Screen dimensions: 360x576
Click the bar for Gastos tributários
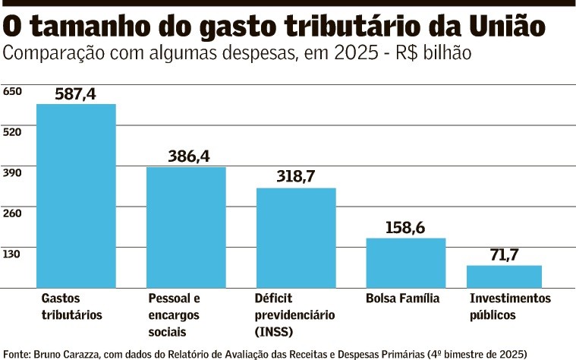coord(76,195)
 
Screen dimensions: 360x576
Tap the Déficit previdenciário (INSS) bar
coord(296,237)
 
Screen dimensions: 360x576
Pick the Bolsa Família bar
coord(406,262)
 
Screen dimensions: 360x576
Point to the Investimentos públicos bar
coord(504,276)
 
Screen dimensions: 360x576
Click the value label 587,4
coord(76,93)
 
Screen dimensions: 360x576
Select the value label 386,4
coord(188,156)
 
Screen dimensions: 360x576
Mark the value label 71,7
coord(504,254)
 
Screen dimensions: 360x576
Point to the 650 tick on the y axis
coord(13,91)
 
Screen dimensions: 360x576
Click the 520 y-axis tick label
coord(13,131)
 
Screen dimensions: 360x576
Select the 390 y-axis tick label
coord(13,172)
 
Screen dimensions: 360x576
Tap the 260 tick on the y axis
coord(13,213)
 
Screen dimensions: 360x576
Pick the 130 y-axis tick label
coord(13,253)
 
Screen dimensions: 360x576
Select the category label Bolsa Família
coord(402,298)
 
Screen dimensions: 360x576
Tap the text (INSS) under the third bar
coord(274,331)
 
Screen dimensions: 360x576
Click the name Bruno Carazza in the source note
coord(62,353)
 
